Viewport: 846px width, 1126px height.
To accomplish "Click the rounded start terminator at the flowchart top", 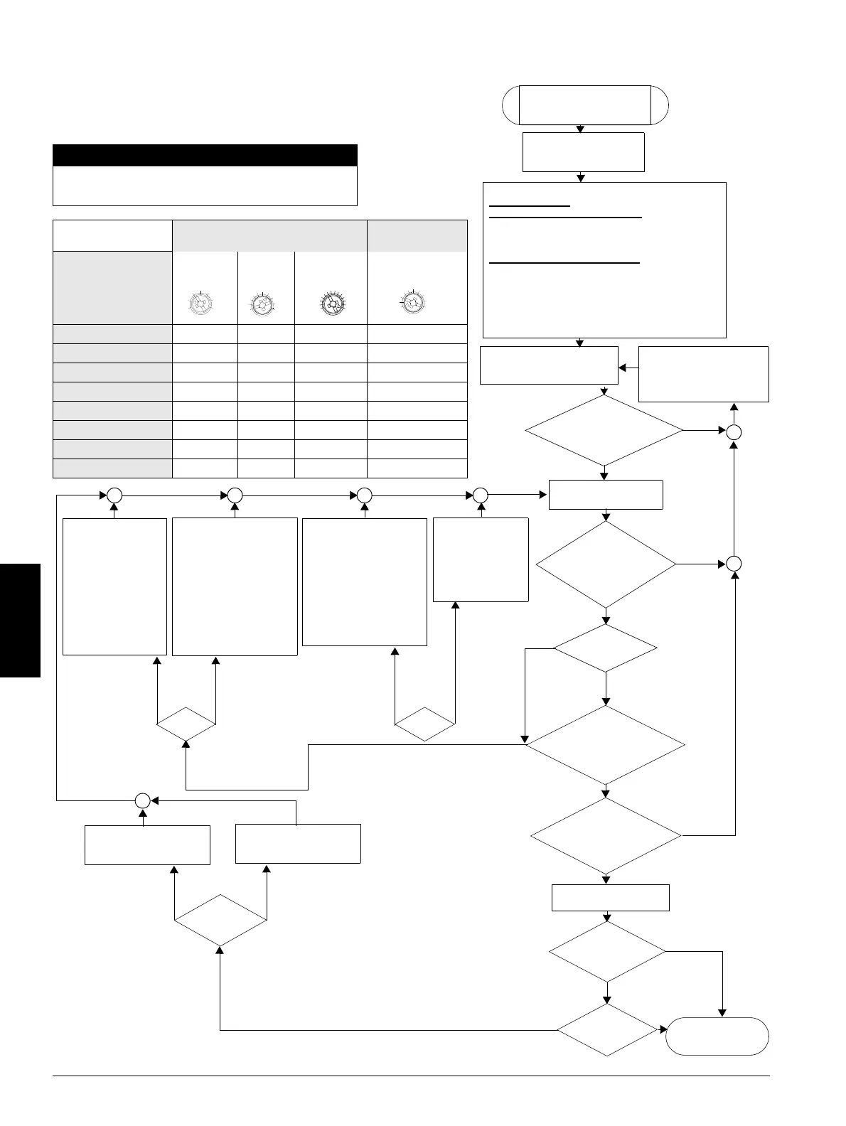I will [585, 105].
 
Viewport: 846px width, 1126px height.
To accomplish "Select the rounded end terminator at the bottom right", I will [717, 1036].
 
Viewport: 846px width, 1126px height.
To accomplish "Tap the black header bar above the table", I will [205, 155].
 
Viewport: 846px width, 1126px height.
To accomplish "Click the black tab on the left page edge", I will [20, 620].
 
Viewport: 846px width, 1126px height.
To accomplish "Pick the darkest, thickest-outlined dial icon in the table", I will [331, 304].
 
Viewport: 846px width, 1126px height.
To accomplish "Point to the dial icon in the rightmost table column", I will [412, 302].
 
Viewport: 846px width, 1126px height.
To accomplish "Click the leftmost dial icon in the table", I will [201, 304].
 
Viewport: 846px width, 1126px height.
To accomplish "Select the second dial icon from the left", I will [262, 304].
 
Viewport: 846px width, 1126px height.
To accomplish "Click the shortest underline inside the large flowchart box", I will [530, 206].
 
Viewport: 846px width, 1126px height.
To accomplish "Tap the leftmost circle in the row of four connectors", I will [114, 495].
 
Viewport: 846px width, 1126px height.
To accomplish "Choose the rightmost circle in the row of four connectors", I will [481, 495].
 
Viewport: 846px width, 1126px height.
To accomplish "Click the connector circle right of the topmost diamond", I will [734, 431].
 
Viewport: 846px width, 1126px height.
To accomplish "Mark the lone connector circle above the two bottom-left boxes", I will [143, 800].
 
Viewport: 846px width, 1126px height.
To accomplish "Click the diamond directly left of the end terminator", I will [606, 1029].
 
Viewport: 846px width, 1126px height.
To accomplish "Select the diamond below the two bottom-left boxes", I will [220, 920].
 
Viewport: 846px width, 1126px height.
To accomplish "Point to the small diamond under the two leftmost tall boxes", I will [186, 724].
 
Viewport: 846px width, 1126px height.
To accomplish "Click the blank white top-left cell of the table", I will [112, 236].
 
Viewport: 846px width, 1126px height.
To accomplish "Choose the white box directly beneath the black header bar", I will [205, 186].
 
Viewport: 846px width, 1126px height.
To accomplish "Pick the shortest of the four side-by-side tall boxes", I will [481, 559].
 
